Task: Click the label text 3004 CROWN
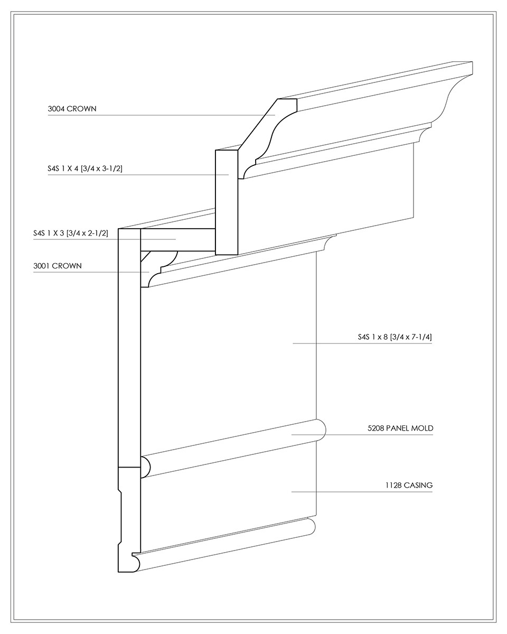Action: (x=72, y=109)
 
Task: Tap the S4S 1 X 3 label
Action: (x=49, y=233)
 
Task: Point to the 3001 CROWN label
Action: (x=57, y=266)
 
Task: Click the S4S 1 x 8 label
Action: (x=373, y=337)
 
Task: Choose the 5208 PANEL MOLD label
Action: (x=400, y=428)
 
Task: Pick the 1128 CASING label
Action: (x=409, y=485)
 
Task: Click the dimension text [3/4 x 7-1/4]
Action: (x=411, y=337)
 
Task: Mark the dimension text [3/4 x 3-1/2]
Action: (x=101, y=169)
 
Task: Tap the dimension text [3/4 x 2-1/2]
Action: (x=87, y=233)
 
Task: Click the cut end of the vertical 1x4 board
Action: (x=227, y=202)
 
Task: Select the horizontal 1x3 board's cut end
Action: (x=178, y=240)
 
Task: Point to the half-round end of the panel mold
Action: (x=145, y=467)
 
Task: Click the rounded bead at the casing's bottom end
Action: (x=136, y=562)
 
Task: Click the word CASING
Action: (x=418, y=485)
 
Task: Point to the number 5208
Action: (x=376, y=428)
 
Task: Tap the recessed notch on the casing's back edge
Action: (x=120, y=517)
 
